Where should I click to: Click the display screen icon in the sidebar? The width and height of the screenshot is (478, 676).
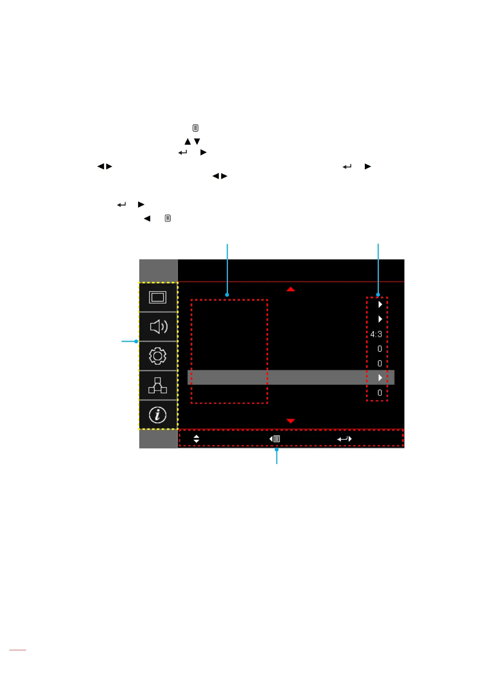click(158, 297)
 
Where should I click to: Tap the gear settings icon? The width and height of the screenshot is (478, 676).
click(158, 356)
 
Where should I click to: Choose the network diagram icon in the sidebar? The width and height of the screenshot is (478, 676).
click(158, 385)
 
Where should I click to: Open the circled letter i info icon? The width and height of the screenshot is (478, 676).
click(158, 415)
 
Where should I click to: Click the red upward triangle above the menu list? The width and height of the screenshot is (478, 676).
click(291, 289)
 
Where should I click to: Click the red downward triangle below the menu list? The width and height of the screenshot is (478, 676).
click(291, 421)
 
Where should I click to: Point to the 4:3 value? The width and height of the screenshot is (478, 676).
click(376, 334)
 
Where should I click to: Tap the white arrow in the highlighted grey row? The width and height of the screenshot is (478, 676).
click(380, 378)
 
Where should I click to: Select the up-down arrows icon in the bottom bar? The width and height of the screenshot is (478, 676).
click(196, 439)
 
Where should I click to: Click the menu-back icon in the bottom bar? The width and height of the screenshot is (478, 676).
click(275, 439)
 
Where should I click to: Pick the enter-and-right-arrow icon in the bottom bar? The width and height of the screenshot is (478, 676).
click(344, 439)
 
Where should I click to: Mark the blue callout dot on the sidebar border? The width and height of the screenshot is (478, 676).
click(136, 342)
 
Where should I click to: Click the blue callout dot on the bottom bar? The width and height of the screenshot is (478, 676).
click(277, 450)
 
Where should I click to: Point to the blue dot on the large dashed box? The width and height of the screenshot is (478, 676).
click(227, 295)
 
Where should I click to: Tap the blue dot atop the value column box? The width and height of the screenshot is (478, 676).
click(378, 295)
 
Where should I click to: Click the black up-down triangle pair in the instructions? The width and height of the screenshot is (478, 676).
click(192, 141)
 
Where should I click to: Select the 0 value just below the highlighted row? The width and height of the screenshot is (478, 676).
click(380, 393)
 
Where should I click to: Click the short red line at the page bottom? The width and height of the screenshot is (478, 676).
click(18, 650)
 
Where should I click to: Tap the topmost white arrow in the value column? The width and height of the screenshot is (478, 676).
click(380, 304)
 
